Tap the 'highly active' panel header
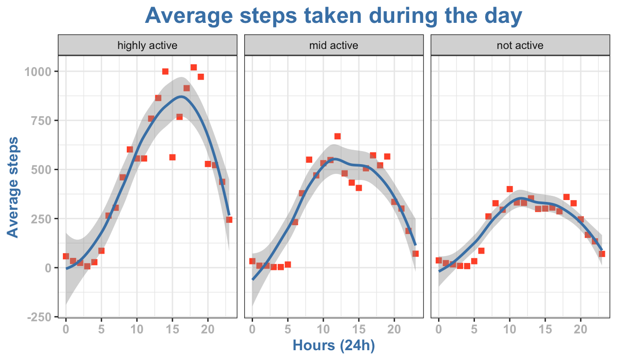(147, 45)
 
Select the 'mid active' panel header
(334, 45)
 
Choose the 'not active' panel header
(520, 45)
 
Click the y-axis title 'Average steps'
(14, 187)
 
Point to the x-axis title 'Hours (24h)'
(334, 346)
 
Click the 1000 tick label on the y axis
(41, 71)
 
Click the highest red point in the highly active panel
(194, 67)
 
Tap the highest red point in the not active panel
(509, 189)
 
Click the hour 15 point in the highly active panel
(172, 157)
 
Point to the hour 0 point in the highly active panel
(66, 256)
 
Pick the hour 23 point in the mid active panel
(415, 254)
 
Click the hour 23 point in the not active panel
(602, 254)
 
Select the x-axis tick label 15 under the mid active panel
(359, 329)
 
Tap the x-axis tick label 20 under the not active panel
(581, 329)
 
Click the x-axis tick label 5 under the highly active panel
(101, 329)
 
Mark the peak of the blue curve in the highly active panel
(181, 97)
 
